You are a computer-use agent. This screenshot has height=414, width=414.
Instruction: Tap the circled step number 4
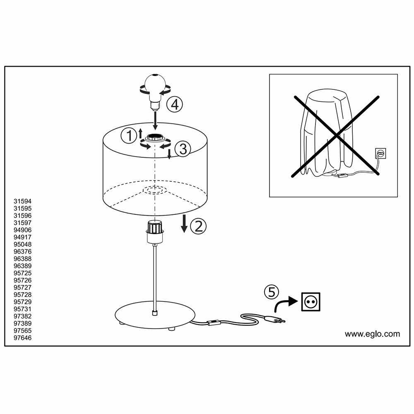(175, 105)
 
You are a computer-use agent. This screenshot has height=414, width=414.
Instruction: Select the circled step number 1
(129, 135)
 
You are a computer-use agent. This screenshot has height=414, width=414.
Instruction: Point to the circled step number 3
(183, 149)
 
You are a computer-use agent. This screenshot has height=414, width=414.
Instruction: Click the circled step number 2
(198, 226)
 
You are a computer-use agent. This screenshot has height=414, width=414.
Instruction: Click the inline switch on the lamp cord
(214, 322)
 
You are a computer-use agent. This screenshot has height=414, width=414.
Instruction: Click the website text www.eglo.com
(372, 334)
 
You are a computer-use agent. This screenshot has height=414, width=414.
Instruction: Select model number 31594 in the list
(23, 201)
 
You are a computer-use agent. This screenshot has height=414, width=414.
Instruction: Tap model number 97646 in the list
(23, 338)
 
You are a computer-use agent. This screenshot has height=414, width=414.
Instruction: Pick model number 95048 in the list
(23, 244)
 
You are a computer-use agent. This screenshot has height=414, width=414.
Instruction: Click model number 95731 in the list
(23, 309)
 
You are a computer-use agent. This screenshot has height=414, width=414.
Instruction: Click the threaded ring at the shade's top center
(155, 138)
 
